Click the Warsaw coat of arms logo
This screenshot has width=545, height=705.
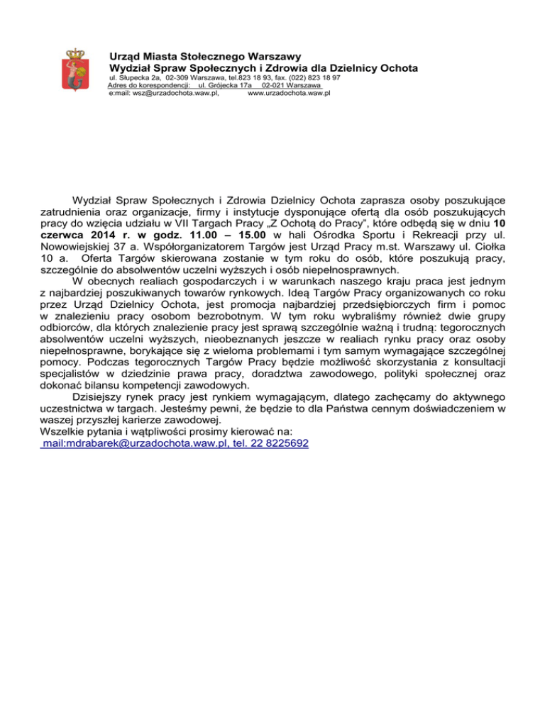pos(74,70)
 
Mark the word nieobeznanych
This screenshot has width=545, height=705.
pos(193,339)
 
